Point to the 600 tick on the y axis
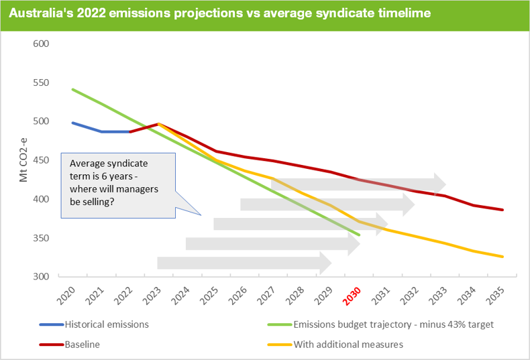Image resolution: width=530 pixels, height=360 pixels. [42, 44]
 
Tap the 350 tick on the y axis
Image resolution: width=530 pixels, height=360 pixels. [42, 238]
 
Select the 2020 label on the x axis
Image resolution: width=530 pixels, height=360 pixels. [66, 294]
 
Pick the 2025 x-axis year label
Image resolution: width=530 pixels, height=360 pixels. [209, 294]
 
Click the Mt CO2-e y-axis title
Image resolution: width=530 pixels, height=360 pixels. [23, 161]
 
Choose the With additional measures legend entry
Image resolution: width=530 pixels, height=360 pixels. [349, 345]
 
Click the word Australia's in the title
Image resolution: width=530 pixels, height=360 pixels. [38, 13]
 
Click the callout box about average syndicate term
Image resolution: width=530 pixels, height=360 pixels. [118, 184]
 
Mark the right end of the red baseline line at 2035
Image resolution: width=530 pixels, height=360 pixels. [502, 210]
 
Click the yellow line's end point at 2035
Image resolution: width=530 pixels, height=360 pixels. [502, 257]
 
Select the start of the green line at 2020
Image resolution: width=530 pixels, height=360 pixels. [72, 89]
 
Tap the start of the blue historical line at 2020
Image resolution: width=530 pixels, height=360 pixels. [72, 123]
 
